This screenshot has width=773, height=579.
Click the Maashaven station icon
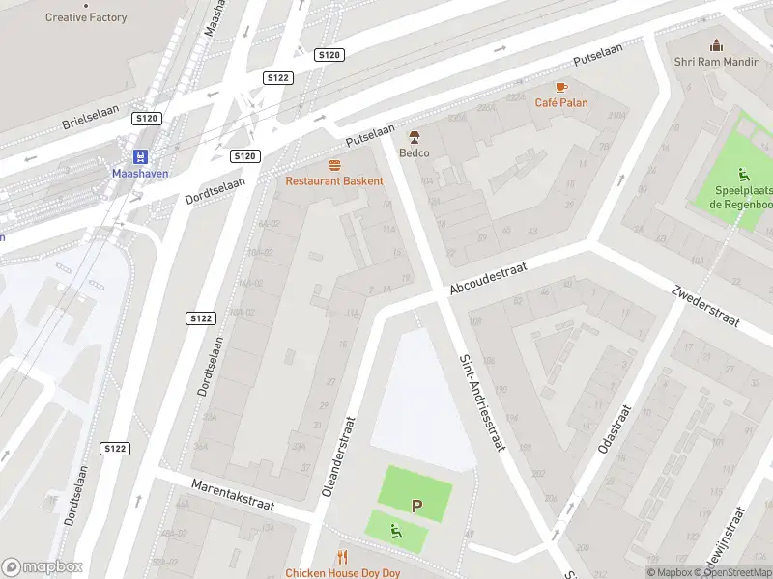pyautogui.click(x=141, y=156)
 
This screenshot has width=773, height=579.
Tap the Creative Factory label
pyautogui.click(x=86, y=17)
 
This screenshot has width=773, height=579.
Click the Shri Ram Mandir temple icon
pyautogui.click(x=716, y=45)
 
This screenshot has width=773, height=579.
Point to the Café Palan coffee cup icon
pyautogui.click(x=561, y=86)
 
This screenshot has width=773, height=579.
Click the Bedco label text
pyautogui.click(x=415, y=152)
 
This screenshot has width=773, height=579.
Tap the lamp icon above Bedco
pyautogui.click(x=415, y=137)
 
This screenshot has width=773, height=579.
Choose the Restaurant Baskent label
pyautogui.click(x=334, y=180)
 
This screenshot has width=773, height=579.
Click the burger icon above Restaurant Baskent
pyautogui.click(x=334, y=165)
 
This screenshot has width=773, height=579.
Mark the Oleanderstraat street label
pyautogui.click(x=337, y=456)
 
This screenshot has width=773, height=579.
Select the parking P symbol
pyautogui.click(x=417, y=505)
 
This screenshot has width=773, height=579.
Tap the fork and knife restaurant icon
pyautogui.click(x=341, y=557)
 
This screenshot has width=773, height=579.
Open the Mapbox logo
pyautogui.click(x=42, y=567)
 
